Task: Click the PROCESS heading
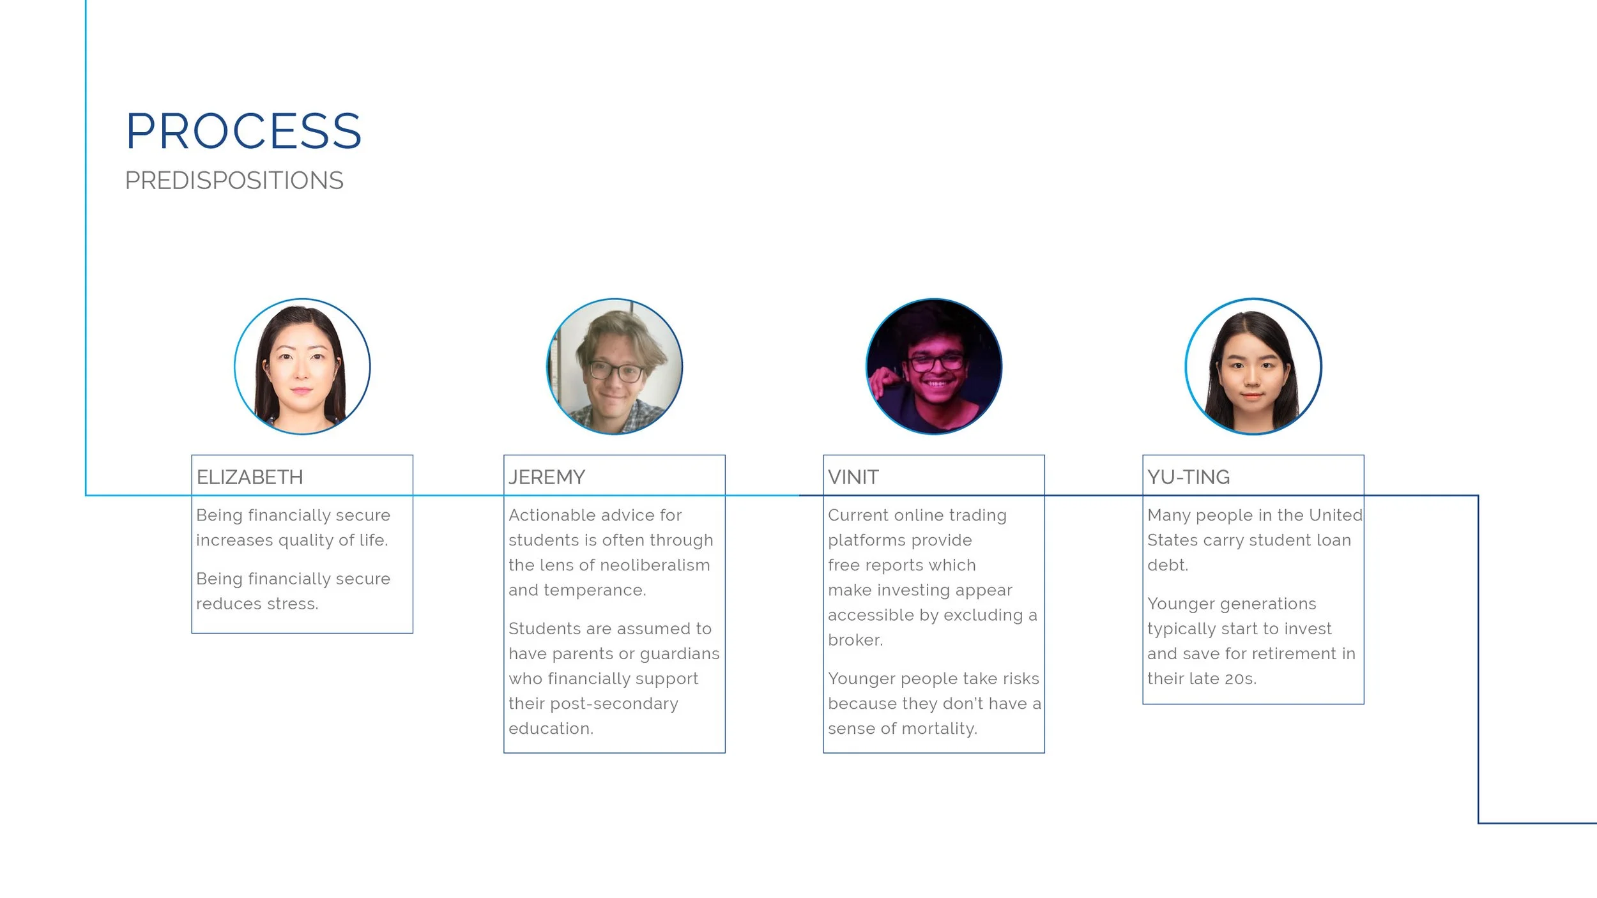pyautogui.click(x=243, y=132)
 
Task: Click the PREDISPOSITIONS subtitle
pyautogui.click(x=234, y=181)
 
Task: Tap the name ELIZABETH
pyautogui.click(x=250, y=477)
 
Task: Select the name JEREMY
pyautogui.click(x=547, y=477)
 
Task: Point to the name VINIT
pyautogui.click(x=853, y=477)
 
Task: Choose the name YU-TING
pyautogui.click(x=1188, y=477)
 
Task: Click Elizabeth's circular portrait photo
pyautogui.click(x=302, y=367)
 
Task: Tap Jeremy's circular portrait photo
pyautogui.click(x=615, y=367)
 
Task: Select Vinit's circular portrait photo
pyautogui.click(x=934, y=367)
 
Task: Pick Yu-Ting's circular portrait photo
pyautogui.click(x=1253, y=367)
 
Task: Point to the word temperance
pyautogui.click(x=594, y=590)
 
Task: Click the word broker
pyautogui.click(x=855, y=640)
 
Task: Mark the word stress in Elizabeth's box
pyautogui.click(x=296, y=604)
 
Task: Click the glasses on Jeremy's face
pyautogui.click(x=615, y=371)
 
